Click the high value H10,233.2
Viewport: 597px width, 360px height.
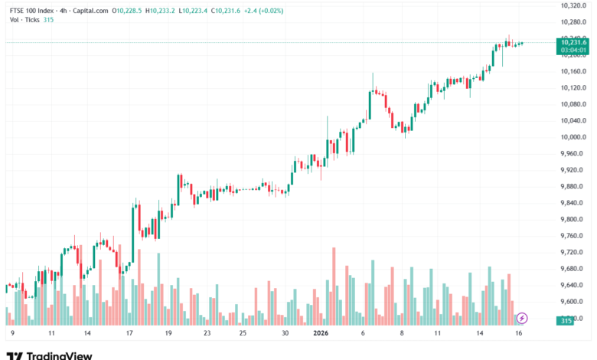(x=163, y=11)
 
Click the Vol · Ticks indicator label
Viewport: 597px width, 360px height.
(x=22, y=20)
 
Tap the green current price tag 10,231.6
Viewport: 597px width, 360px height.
(x=573, y=43)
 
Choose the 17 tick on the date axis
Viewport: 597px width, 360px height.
(x=129, y=334)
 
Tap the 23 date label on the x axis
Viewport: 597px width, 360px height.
(x=207, y=334)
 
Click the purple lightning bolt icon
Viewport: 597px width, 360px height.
(x=522, y=317)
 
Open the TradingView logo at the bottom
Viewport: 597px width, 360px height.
(x=49, y=355)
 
